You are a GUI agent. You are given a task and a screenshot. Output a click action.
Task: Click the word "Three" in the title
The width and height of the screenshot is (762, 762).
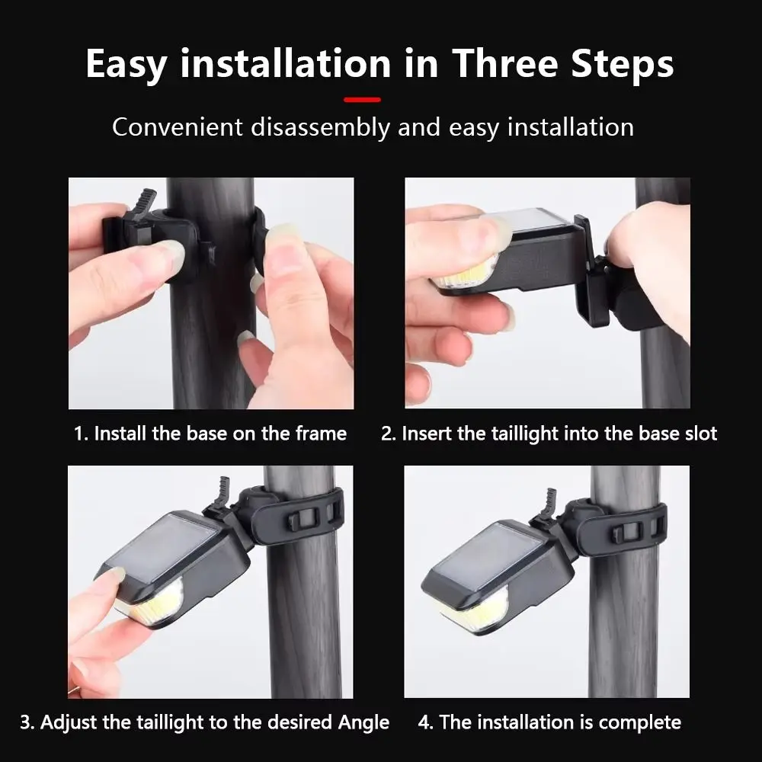point(505,64)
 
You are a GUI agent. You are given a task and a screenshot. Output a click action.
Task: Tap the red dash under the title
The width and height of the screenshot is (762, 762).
point(362,100)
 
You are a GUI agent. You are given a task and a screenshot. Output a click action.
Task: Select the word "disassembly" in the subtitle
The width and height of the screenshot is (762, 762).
point(320,128)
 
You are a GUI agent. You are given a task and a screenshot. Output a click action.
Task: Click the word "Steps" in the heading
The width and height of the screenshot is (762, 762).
point(623,65)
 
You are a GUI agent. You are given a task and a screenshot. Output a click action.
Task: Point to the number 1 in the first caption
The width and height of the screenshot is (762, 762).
point(79,434)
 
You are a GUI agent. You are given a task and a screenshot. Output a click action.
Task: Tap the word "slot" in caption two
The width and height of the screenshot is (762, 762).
point(701,434)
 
